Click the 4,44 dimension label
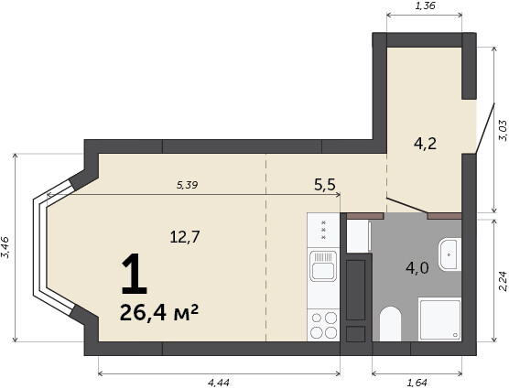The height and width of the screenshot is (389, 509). click(219, 383)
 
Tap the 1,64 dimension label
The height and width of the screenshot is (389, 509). click(417, 383)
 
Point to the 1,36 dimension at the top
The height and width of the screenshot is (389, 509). click(425, 5)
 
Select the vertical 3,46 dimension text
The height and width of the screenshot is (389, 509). click(5, 247)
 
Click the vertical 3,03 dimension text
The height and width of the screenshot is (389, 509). click(503, 130)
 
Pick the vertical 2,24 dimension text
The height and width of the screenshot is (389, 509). click(503, 281)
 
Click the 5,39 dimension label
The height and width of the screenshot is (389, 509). click(188, 185)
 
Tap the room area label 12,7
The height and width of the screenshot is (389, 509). click(185, 237)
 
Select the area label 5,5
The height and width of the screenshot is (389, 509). click(325, 185)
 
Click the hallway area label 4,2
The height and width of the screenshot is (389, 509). click(425, 144)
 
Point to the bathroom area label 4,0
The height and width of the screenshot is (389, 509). click(417, 268)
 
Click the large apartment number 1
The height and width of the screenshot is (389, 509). click(135, 275)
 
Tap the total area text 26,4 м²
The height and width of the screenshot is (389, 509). click(159, 312)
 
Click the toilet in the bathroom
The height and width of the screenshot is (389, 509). click(390, 323)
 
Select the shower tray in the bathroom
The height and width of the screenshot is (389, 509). click(439, 319)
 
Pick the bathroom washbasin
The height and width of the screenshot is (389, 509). click(449, 254)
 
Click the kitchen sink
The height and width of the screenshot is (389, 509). click(323, 266)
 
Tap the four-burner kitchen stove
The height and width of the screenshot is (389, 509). click(324, 325)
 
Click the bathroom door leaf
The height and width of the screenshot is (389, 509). click(406, 206)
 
